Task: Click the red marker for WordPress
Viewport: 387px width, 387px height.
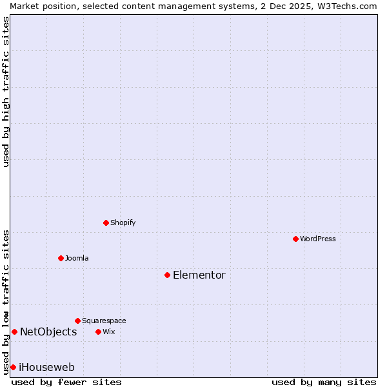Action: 295,239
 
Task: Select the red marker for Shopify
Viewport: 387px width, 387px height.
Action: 106,223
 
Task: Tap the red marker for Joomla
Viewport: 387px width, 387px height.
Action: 61,258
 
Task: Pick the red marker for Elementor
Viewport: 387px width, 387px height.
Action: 167,275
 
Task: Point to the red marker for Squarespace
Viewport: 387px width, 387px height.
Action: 77,321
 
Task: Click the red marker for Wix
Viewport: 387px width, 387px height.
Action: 98,332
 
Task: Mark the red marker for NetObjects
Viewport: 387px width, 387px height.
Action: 14,332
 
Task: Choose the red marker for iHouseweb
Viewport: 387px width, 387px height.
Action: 13,367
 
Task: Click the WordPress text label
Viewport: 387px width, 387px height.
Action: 318,239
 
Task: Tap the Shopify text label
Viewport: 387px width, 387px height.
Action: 123,223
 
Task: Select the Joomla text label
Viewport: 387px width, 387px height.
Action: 77,258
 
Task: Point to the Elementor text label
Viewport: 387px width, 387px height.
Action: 199,275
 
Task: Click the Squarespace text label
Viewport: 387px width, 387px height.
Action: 104,321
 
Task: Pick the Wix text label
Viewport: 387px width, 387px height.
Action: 108,332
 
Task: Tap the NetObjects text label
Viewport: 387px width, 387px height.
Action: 48,332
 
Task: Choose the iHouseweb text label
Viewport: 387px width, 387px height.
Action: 46,368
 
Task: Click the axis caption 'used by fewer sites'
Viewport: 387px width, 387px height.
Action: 66,382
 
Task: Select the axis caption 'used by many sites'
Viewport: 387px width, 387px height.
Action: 324,382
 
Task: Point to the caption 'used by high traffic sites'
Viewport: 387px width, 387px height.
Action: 6,92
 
